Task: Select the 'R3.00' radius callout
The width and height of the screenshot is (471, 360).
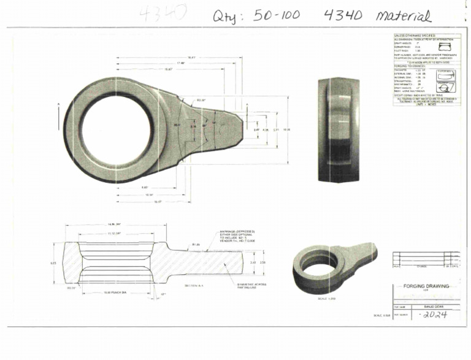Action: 200,100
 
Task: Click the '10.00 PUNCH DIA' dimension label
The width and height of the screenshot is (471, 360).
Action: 115,292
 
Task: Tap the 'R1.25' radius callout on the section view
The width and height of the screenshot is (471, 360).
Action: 196,244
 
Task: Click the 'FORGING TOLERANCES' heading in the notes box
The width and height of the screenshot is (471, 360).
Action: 410,66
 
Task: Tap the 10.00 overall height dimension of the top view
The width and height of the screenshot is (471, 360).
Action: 286,130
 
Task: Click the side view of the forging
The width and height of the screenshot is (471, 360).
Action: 339,130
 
